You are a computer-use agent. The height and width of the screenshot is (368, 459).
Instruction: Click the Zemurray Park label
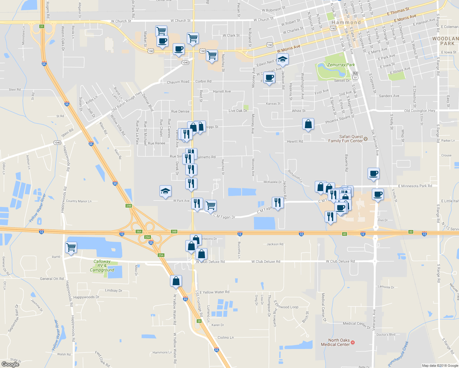(341, 65)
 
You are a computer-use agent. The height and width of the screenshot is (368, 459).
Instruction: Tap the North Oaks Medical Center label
(335, 342)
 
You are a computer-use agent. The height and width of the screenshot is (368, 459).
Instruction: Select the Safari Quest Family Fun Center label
(345, 139)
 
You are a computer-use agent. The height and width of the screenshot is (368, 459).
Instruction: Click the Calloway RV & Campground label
(102, 266)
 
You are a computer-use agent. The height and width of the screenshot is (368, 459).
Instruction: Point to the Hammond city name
(346, 22)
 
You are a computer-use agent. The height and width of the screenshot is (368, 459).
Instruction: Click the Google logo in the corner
(10, 364)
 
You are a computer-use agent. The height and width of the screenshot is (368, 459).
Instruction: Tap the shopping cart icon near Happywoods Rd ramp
(71, 247)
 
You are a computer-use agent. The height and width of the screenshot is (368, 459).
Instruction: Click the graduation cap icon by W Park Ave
(165, 191)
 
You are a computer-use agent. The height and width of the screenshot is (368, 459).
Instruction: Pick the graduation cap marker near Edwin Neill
(283, 59)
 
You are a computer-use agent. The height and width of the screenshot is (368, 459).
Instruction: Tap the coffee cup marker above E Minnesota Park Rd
(373, 173)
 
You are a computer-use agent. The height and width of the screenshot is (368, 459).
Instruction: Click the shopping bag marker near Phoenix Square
(308, 124)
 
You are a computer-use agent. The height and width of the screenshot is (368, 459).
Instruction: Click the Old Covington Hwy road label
(419, 111)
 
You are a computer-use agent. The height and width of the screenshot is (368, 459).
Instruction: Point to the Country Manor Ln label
(79, 201)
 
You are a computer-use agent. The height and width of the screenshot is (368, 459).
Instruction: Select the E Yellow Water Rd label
(214, 292)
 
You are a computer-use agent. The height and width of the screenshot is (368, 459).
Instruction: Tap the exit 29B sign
(129, 206)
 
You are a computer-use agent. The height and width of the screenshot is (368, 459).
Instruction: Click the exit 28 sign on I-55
(199, 321)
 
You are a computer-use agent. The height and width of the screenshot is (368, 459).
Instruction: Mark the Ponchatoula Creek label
(398, 354)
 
